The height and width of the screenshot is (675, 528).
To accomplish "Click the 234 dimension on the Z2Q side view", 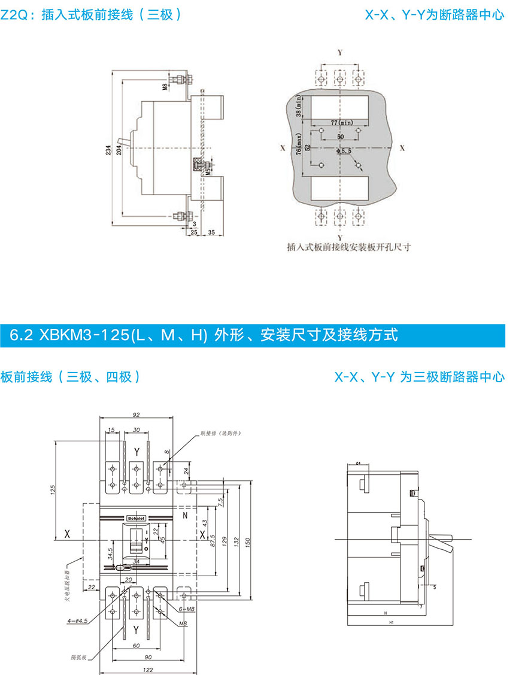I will pos(108,150).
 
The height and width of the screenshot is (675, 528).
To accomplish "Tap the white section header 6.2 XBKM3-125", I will pos(204,335).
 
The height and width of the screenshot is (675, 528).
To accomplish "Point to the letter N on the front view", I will pos(184,514).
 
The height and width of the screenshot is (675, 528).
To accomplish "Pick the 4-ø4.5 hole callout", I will pos(78,621).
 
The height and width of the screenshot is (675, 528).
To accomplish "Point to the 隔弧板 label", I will pos(78,657).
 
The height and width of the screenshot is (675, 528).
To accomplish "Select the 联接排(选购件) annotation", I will pos(216,432).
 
